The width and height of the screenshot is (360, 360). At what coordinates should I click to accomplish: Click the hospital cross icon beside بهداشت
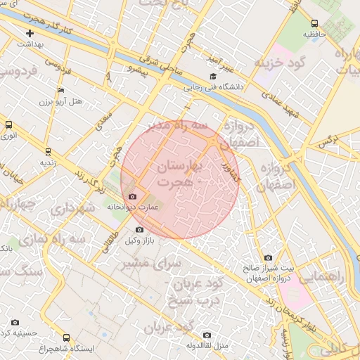pyautogui.click(x=30, y=33)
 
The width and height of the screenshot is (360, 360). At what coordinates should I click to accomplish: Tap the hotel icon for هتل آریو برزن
pyautogui.click(x=61, y=91)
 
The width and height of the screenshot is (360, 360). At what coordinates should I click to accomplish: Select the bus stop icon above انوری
pyautogui.click(x=8, y=124)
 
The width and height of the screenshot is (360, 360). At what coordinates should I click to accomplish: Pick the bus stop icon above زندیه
pyautogui.click(x=48, y=151)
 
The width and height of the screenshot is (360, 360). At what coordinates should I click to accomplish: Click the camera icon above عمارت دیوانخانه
pyautogui.click(x=133, y=196)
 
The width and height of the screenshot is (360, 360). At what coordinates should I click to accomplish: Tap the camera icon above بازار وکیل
pyautogui.click(x=139, y=229)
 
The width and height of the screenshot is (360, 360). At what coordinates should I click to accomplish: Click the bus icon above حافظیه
pyautogui.click(x=314, y=22)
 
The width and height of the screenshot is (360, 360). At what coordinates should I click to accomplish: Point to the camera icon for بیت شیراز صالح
pyautogui.click(x=267, y=258)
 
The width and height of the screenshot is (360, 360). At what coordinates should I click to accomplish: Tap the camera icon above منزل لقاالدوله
pyautogui.click(x=206, y=335)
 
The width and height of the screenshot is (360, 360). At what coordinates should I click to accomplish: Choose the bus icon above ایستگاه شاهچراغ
pyautogui.click(x=67, y=337)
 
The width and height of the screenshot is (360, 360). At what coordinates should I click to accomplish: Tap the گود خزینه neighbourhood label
pyautogui.click(x=282, y=64)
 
